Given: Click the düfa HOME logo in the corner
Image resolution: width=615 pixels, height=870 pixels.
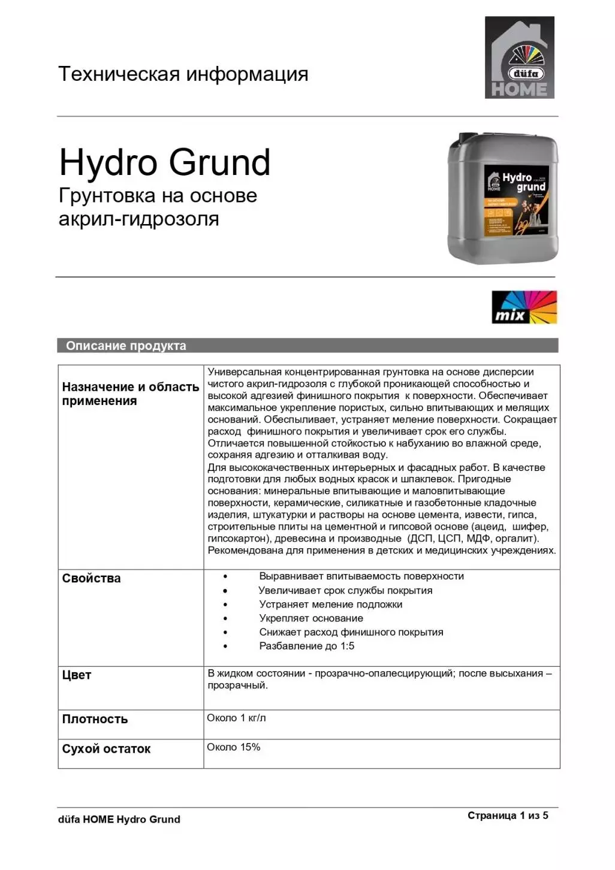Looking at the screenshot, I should click(519, 58).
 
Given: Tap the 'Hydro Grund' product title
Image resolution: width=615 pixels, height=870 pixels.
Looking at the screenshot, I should click(165, 162).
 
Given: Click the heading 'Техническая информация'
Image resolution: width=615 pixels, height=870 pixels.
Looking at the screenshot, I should click(183, 74).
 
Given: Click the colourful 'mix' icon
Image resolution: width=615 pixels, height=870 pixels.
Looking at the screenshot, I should click(524, 307).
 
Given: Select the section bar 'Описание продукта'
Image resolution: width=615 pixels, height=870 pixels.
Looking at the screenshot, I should click(126, 346).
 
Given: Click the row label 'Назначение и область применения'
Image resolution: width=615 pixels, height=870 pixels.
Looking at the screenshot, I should click(130, 394).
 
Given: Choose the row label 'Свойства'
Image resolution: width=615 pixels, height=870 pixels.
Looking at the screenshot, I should click(91, 578).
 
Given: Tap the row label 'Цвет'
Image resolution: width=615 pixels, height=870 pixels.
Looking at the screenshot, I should click(77, 675).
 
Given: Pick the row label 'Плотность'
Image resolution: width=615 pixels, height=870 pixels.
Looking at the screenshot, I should click(95, 719).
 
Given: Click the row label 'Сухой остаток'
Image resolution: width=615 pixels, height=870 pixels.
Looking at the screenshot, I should click(106, 748).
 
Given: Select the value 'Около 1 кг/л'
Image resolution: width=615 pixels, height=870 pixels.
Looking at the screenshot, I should click(236, 718).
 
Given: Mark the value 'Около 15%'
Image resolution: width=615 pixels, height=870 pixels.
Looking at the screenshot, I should click(233, 747).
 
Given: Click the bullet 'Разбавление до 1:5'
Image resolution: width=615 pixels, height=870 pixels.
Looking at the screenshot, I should click(306, 646).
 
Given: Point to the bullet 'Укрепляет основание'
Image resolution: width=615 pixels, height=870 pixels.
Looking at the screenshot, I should click(310, 618).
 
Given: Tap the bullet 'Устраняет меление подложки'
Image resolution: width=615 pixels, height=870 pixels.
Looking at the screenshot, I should click(330, 605).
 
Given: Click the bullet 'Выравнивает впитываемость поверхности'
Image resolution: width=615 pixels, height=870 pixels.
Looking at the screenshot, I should click(361, 576).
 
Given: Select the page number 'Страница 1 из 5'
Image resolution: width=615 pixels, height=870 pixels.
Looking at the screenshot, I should click(507, 815).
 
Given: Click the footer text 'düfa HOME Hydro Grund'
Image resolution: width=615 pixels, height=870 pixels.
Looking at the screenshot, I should click(119, 819).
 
